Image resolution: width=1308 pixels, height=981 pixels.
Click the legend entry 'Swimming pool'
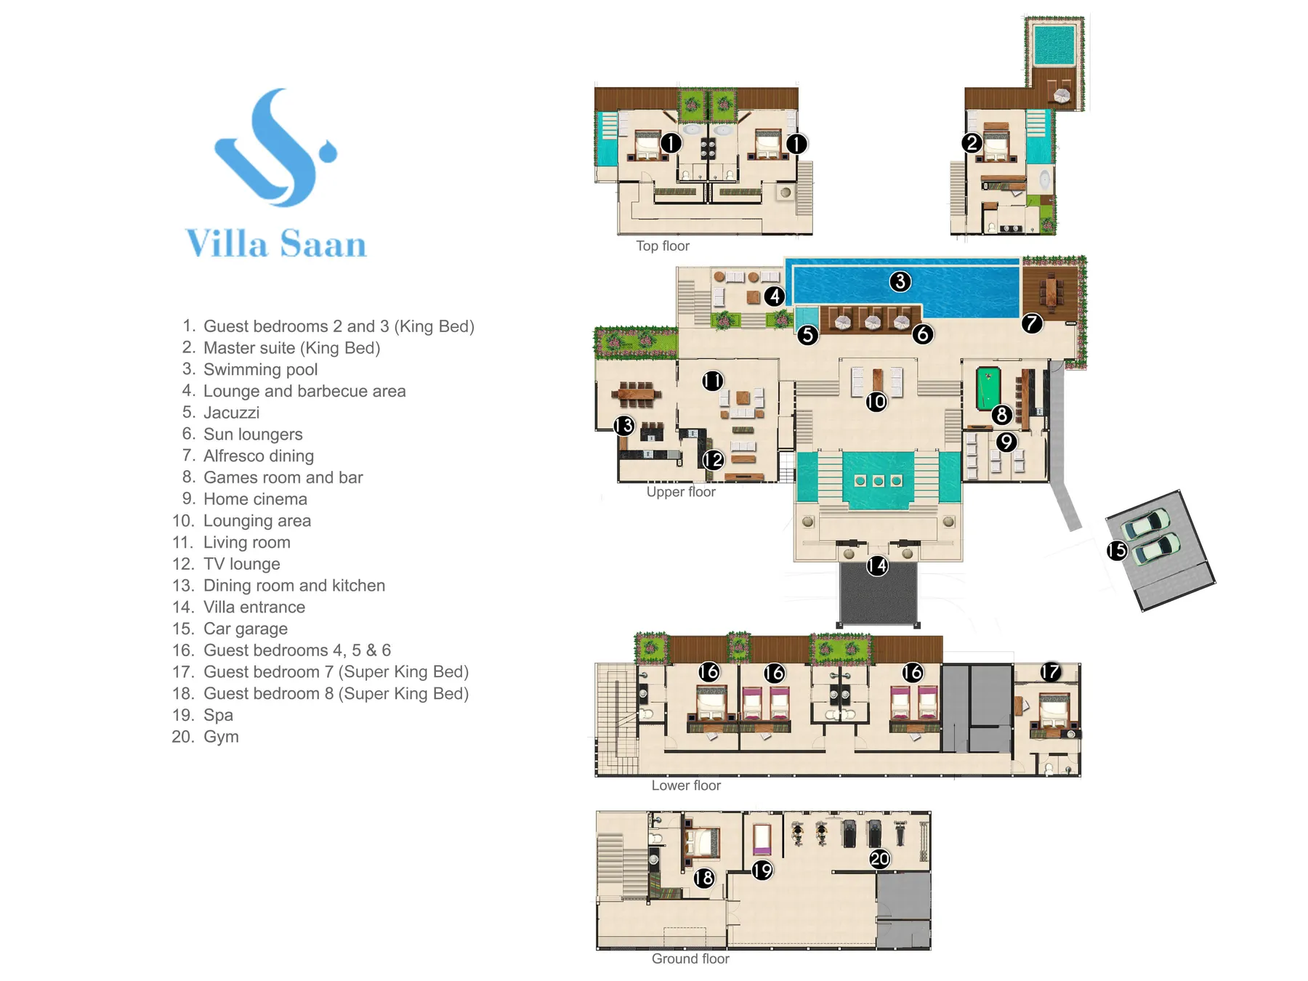260,370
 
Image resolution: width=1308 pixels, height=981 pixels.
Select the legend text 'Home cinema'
255,499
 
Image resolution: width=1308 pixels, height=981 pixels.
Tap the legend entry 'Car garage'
246,629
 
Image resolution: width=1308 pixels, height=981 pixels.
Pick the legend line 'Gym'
221,737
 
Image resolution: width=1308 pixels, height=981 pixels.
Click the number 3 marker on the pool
900,281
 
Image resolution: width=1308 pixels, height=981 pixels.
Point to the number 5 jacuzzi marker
807,335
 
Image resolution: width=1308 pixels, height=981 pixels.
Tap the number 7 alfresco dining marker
1032,323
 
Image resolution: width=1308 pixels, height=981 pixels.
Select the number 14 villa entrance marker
877,565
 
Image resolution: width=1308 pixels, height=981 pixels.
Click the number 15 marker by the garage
1117,551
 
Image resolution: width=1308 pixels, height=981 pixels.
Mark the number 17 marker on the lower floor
1050,672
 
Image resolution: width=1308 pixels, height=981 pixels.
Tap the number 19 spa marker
762,870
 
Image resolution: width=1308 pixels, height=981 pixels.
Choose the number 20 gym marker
879,859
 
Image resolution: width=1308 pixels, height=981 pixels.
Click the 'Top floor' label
663,246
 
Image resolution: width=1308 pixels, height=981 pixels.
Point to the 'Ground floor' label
690,959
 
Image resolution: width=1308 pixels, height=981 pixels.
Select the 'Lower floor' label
686,786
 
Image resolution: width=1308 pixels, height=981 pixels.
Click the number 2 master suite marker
972,143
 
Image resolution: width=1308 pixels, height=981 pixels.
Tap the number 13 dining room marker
624,426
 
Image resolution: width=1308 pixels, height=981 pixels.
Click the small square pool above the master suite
1054,45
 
